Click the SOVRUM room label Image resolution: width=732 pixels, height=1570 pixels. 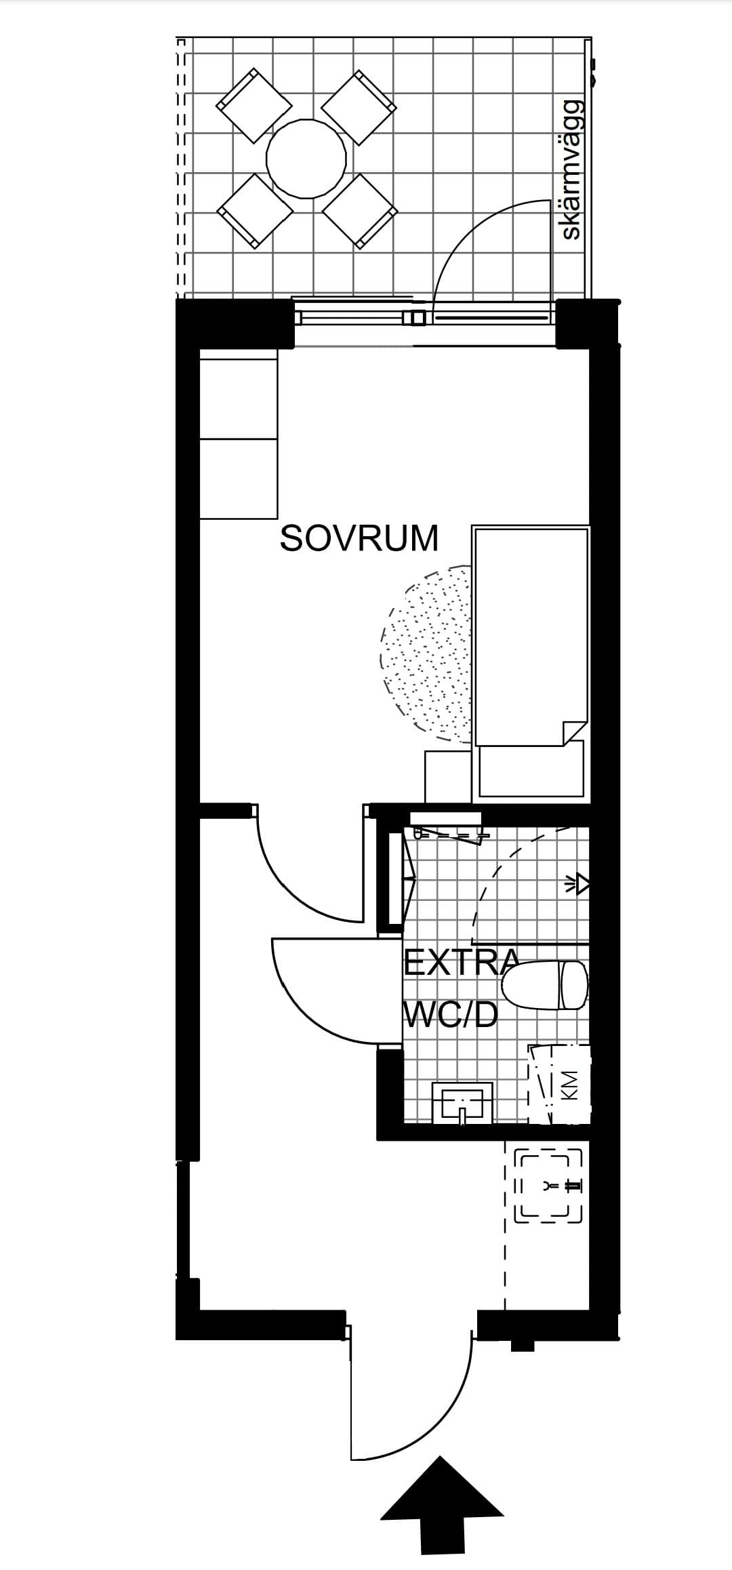pos(359,538)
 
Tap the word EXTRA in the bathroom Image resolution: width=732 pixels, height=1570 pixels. pos(462,963)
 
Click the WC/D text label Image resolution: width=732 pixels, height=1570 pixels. pos(451,1015)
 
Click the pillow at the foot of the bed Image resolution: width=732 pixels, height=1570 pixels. pos(531,769)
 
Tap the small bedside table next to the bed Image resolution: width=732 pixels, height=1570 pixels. pos(447,776)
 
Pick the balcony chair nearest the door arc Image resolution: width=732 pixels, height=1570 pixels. pos(359,210)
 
